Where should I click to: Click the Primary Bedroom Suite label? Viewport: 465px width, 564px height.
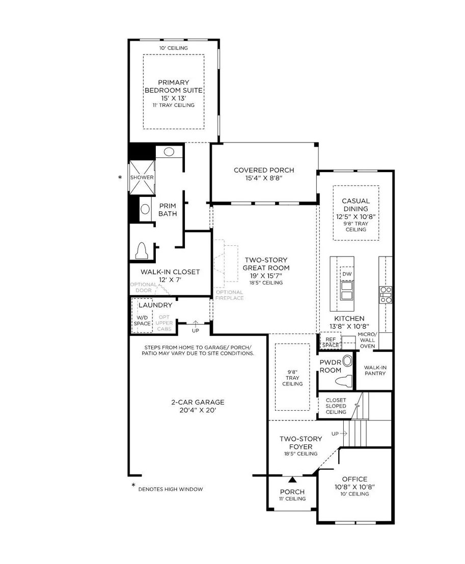(174, 87)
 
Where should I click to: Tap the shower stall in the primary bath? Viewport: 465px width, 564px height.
(142, 177)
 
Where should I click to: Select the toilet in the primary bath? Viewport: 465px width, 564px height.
(142, 251)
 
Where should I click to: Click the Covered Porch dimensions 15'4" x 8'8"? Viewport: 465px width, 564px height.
(264, 178)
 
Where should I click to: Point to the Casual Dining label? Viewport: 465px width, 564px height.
(355, 205)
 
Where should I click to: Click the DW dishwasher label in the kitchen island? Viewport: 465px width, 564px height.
(347, 274)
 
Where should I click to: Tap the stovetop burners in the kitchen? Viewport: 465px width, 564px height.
(386, 295)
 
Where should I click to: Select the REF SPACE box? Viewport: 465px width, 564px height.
(331, 342)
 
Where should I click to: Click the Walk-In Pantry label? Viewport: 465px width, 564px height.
(375, 371)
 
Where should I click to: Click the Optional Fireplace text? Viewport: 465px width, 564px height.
(230, 295)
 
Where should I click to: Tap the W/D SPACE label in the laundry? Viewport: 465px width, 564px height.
(142, 321)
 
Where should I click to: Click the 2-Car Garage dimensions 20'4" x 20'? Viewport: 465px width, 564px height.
(198, 410)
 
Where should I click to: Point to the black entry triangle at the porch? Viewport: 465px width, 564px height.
(293, 480)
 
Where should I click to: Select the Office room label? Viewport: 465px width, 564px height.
(354, 479)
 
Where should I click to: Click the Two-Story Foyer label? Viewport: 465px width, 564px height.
(301, 443)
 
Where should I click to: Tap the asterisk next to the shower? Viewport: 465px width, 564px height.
(120, 177)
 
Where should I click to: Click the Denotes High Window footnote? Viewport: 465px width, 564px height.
(171, 489)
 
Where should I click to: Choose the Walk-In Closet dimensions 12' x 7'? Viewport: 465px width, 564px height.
(170, 280)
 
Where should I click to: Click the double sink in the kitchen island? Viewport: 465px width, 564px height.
(347, 291)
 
